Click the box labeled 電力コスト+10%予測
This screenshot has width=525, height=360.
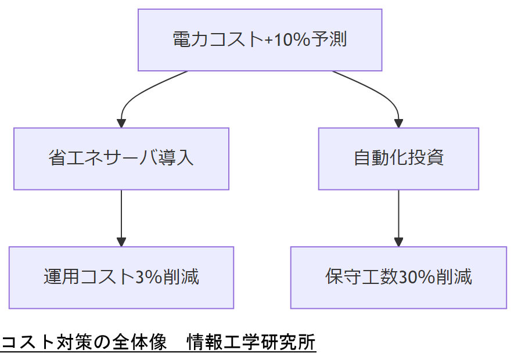pos(260,39)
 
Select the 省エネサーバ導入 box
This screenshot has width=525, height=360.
pos(121,159)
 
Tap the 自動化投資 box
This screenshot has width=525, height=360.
pos(398,159)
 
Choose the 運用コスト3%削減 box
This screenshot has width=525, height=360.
pos(121,278)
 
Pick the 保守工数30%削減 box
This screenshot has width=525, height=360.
pos(398,278)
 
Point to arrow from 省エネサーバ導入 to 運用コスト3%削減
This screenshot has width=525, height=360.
pos(121,218)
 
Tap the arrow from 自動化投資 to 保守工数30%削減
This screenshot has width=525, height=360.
pos(398,218)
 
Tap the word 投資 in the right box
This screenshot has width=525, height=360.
pos(429,159)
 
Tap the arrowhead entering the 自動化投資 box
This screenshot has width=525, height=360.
pos(398,123)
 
